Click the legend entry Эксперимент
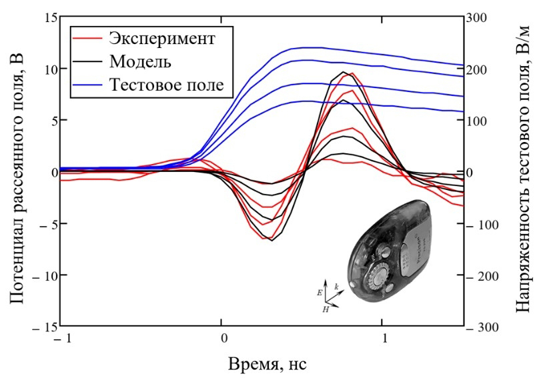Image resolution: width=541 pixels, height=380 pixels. tap(162, 37)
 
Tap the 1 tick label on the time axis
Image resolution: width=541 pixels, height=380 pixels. tap(382, 338)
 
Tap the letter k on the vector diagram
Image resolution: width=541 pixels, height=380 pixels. tap(337, 287)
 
